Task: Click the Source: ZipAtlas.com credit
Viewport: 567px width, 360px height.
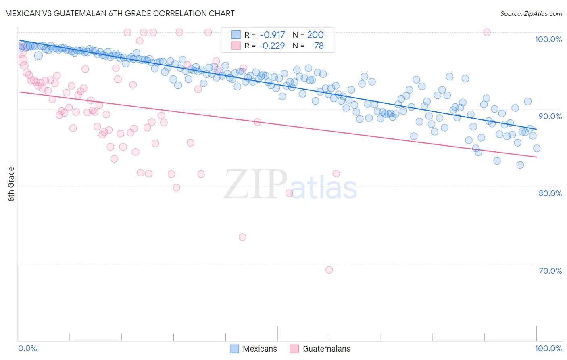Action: (531, 13)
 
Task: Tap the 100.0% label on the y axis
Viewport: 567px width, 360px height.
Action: (548, 39)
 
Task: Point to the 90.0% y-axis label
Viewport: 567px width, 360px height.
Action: (550, 116)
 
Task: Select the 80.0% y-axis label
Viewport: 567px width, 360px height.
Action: (550, 193)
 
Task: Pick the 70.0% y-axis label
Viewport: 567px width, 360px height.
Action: (550, 271)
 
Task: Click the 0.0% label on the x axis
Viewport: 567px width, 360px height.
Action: (28, 349)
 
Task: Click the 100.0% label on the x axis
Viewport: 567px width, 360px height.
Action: (548, 349)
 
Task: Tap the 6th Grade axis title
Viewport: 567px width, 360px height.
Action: (11, 184)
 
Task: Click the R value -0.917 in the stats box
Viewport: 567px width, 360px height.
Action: (272, 35)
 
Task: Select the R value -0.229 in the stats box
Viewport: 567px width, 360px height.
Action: (272, 46)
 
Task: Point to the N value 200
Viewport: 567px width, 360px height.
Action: (315, 35)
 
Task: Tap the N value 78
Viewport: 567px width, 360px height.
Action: (319, 46)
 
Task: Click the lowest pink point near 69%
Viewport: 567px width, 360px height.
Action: (329, 270)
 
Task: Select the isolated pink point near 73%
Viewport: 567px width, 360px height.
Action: (242, 237)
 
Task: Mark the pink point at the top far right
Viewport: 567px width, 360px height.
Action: (487, 32)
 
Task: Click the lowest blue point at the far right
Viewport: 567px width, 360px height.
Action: (520, 165)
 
